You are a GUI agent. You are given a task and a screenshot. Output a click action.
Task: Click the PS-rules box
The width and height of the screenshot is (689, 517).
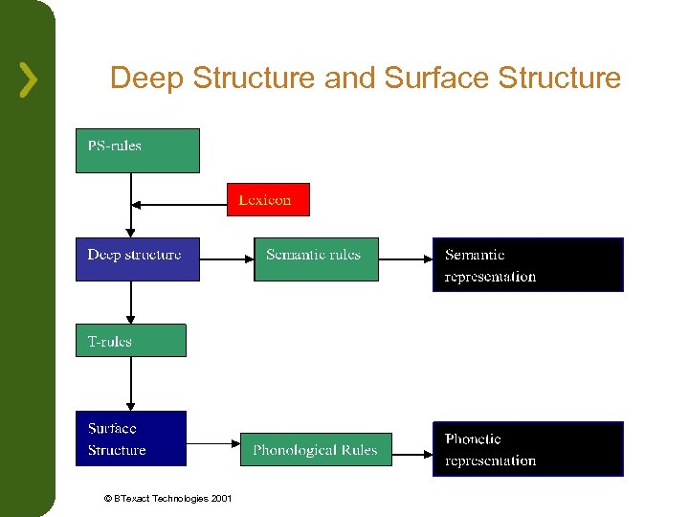137,150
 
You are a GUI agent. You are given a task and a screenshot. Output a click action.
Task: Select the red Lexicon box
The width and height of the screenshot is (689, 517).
268,199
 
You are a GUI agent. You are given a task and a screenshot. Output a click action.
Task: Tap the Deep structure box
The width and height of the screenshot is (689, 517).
137,258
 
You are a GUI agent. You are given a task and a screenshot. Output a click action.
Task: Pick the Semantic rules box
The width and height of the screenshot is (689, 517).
316,258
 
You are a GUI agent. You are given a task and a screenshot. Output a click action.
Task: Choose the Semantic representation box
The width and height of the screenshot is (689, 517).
527,264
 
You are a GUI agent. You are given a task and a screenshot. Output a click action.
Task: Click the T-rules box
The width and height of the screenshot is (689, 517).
130,340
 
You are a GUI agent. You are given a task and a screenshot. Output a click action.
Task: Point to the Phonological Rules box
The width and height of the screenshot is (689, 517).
316,449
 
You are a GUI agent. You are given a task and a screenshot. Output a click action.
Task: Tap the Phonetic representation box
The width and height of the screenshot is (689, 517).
527,449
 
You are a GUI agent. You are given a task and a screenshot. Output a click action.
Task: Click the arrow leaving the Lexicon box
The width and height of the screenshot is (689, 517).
180,203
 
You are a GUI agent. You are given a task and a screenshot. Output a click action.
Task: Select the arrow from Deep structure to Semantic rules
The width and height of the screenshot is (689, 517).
227,258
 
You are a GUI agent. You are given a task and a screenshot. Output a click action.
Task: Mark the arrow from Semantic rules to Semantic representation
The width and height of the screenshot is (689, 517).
405,258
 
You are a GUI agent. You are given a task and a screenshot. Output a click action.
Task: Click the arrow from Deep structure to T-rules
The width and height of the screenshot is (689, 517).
131,303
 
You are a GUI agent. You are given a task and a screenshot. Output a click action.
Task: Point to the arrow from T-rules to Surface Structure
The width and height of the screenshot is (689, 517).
131,383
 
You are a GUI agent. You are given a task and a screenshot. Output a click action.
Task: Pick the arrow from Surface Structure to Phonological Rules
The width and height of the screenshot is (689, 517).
220,443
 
